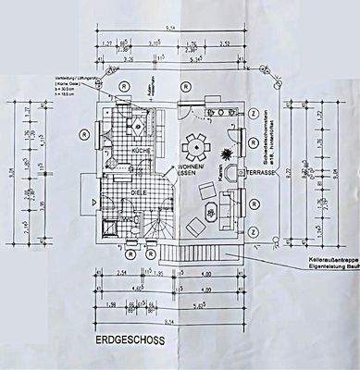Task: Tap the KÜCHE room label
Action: point(142,149)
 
